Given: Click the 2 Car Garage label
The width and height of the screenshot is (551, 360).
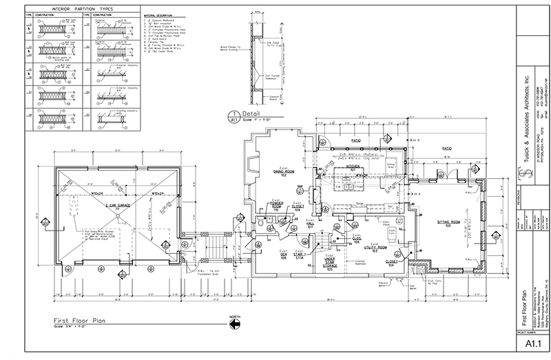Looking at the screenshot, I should click(118, 205).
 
